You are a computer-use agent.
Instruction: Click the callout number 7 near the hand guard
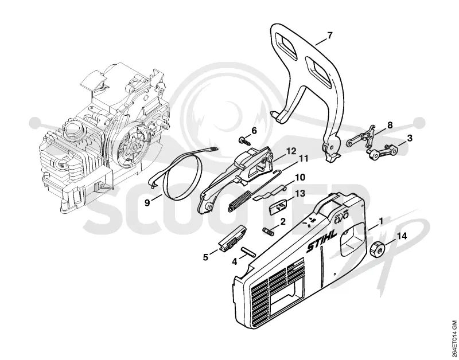329,36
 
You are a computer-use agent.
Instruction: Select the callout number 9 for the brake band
147,202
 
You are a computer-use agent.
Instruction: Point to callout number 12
291,151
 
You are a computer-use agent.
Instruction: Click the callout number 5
206,257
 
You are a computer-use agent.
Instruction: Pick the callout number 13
301,193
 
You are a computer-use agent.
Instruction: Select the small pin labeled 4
248,252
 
